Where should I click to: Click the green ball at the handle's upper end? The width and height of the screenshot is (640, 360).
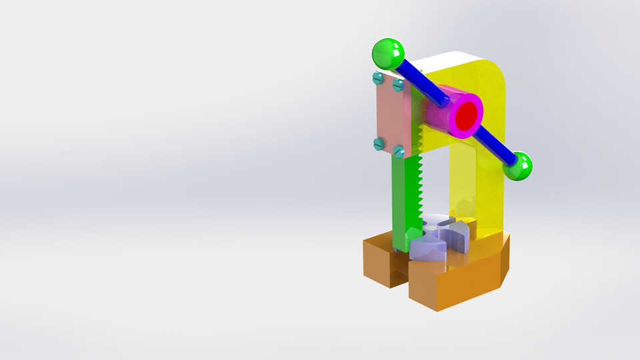pos(388,53)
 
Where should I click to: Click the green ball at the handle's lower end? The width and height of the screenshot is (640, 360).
pos(517,166)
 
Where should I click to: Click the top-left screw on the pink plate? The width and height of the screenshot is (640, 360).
pos(378,79)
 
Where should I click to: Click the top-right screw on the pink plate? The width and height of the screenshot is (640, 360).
pos(398,85)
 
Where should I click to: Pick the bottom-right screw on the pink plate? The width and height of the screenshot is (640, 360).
pos(399,151)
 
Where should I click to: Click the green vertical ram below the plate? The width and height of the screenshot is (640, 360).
pos(401,200)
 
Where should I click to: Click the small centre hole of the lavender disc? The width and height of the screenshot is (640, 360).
pos(434,228)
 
